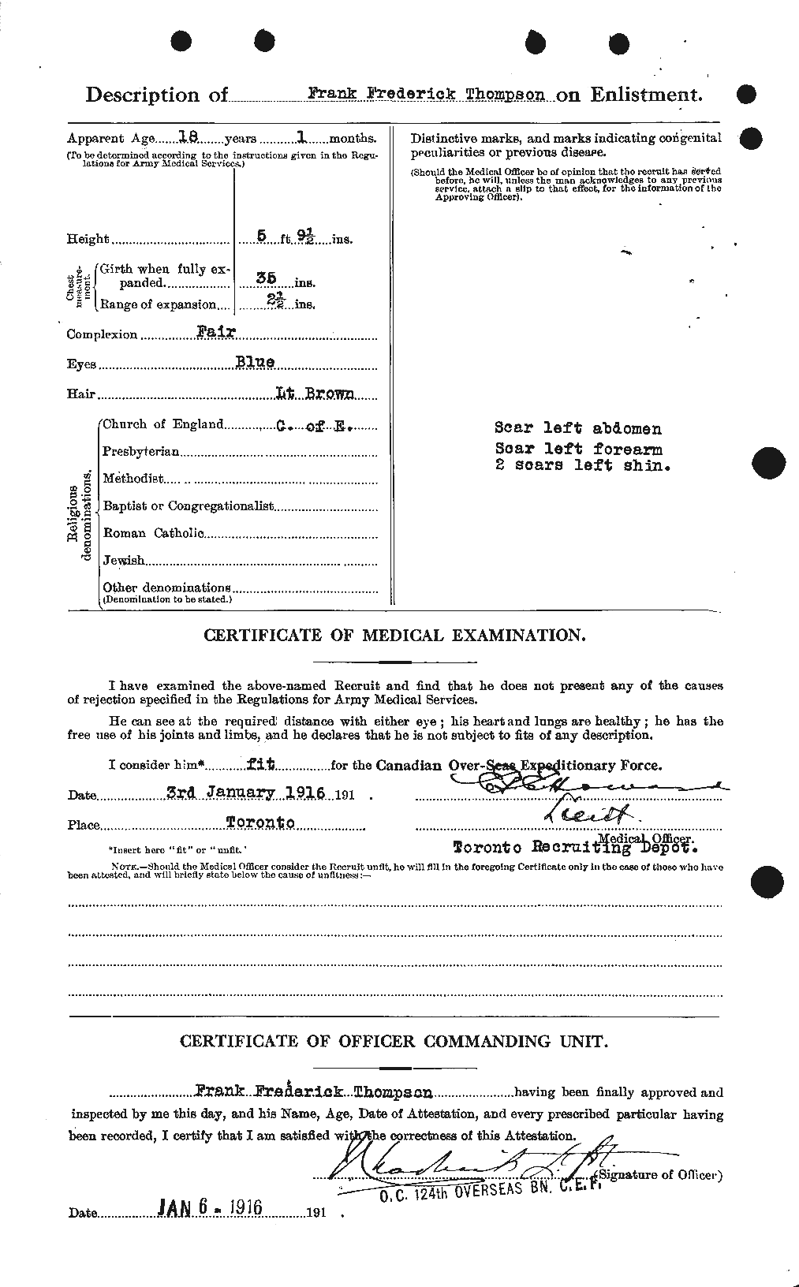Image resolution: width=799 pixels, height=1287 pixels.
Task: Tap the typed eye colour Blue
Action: [x=254, y=362]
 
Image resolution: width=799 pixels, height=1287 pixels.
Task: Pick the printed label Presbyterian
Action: [x=141, y=452]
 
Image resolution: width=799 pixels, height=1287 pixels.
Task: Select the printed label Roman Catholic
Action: [x=153, y=534]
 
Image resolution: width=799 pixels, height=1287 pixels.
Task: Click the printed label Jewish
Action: [x=124, y=561]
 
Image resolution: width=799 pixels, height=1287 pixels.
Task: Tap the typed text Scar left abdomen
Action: [x=577, y=428]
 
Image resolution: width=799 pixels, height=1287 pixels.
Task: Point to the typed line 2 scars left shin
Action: [x=582, y=465]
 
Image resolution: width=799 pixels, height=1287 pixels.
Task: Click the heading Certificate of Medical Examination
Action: [x=394, y=634]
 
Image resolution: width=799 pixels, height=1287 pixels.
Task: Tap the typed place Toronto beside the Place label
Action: [x=260, y=823]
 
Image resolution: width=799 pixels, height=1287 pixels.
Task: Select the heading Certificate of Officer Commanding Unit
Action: [x=394, y=1041]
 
